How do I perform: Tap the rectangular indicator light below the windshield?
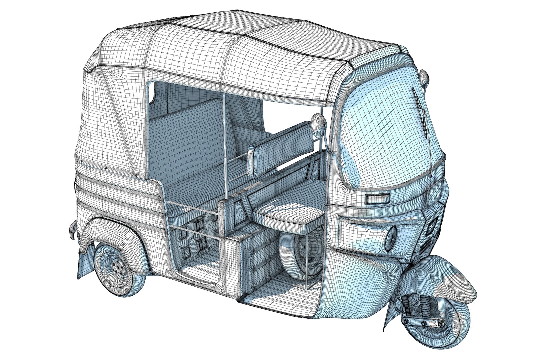(x=377, y=199)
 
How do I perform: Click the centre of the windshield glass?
(x=387, y=133)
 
